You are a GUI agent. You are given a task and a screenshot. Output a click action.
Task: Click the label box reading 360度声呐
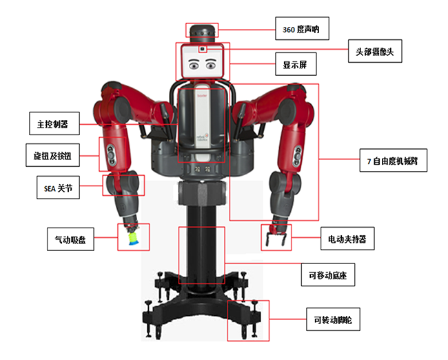pos(301,29)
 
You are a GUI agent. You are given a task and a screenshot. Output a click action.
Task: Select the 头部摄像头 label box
pos(375,51)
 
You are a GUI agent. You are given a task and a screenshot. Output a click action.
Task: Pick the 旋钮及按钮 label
pos(52,156)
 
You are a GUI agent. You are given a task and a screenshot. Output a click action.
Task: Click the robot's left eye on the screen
pos(194,66)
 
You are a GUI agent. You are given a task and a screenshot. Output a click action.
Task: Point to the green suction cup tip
pos(132,240)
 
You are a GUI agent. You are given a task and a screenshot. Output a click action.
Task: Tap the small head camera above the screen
pos(203,49)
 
